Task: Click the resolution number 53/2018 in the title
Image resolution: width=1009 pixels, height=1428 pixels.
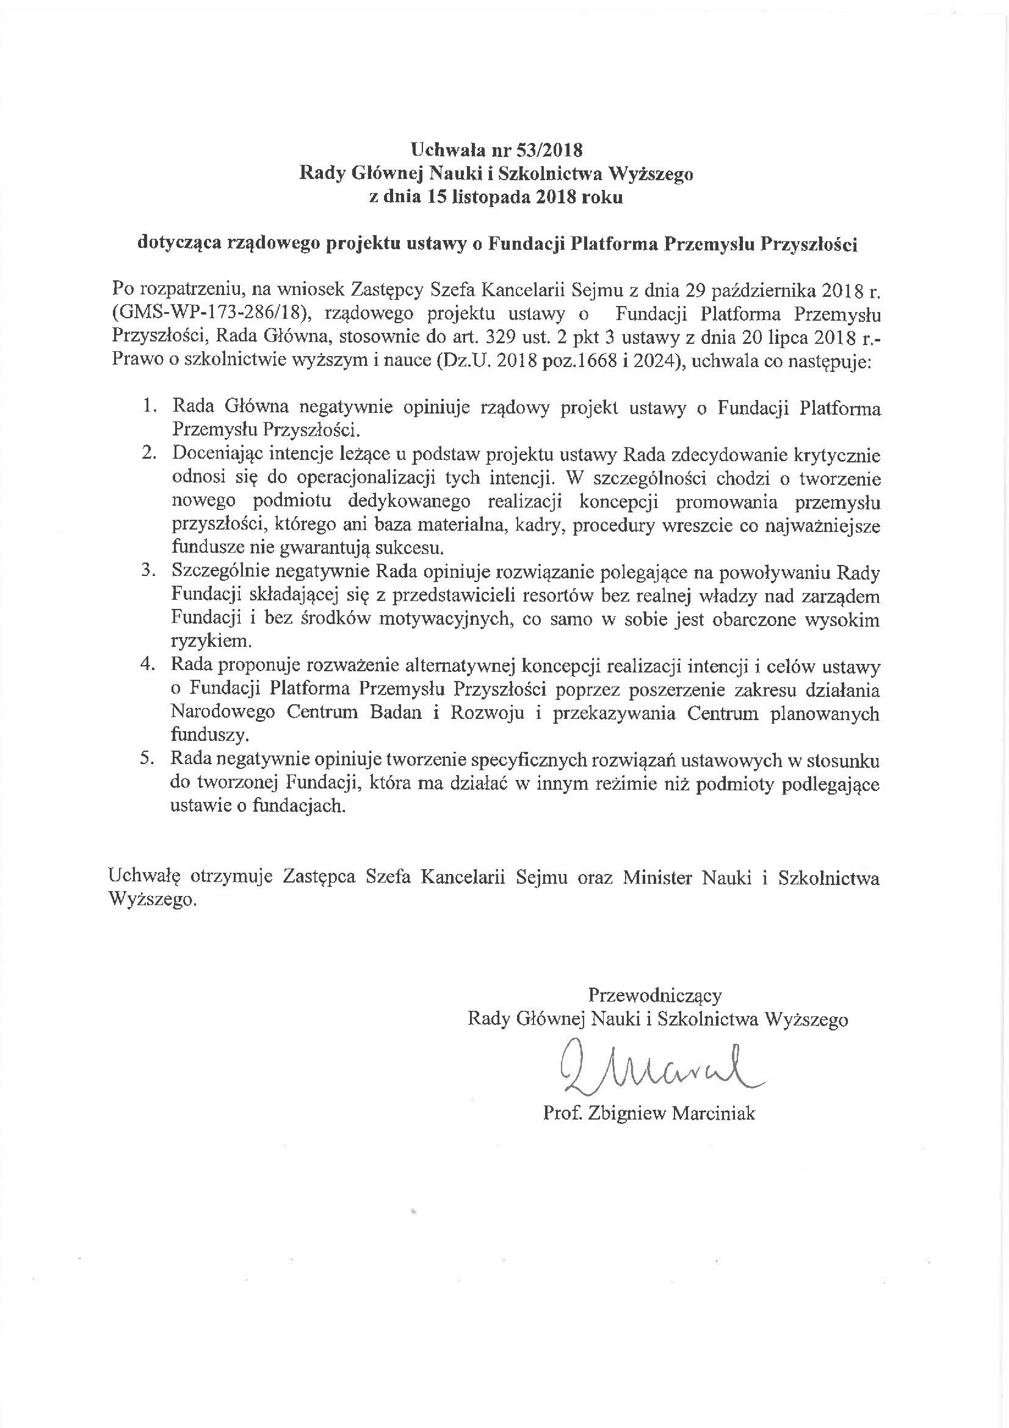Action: point(551,150)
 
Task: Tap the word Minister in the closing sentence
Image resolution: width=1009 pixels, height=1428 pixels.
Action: point(657,878)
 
